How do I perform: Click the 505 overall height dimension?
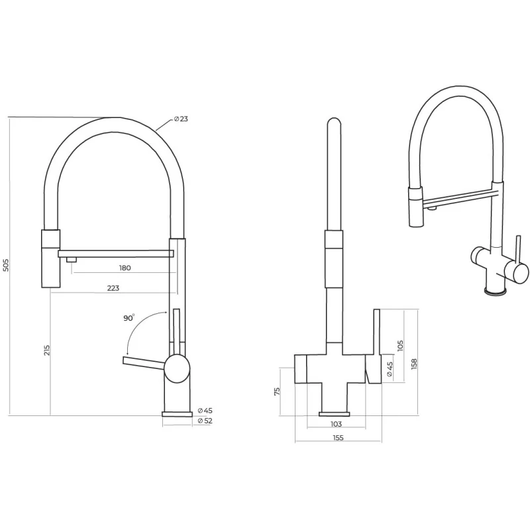click(6, 265)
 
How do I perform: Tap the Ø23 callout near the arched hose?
click(181, 119)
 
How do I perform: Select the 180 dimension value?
click(125, 268)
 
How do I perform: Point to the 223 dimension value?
click(113, 288)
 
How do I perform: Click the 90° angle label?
click(129, 318)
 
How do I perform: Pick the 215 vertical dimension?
click(46, 350)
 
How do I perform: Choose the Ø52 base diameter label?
click(205, 421)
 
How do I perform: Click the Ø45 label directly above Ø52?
click(205, 411)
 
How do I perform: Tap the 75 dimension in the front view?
click(277, 392)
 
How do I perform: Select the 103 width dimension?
click(336, 424)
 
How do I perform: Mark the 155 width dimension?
click(338, 438)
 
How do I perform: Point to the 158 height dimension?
click(415, 363)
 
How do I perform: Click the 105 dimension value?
click(401, 345)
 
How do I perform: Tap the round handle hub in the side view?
click(177, 368)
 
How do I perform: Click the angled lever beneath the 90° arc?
click(144, 362)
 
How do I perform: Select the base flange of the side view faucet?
click(177, 415)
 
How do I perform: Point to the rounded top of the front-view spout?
click(334, 123)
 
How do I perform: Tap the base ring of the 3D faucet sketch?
click(496, 291)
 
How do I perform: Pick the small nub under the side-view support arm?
click(72, 260)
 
